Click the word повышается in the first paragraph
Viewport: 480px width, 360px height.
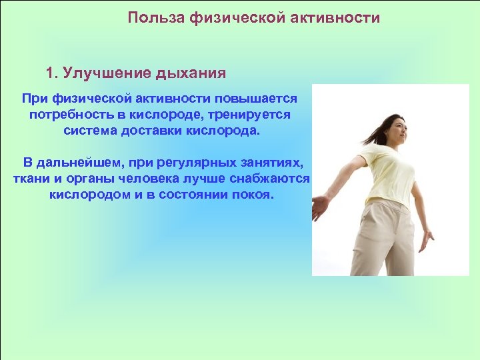(259, 99)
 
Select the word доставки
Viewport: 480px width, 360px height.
(154, 130)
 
